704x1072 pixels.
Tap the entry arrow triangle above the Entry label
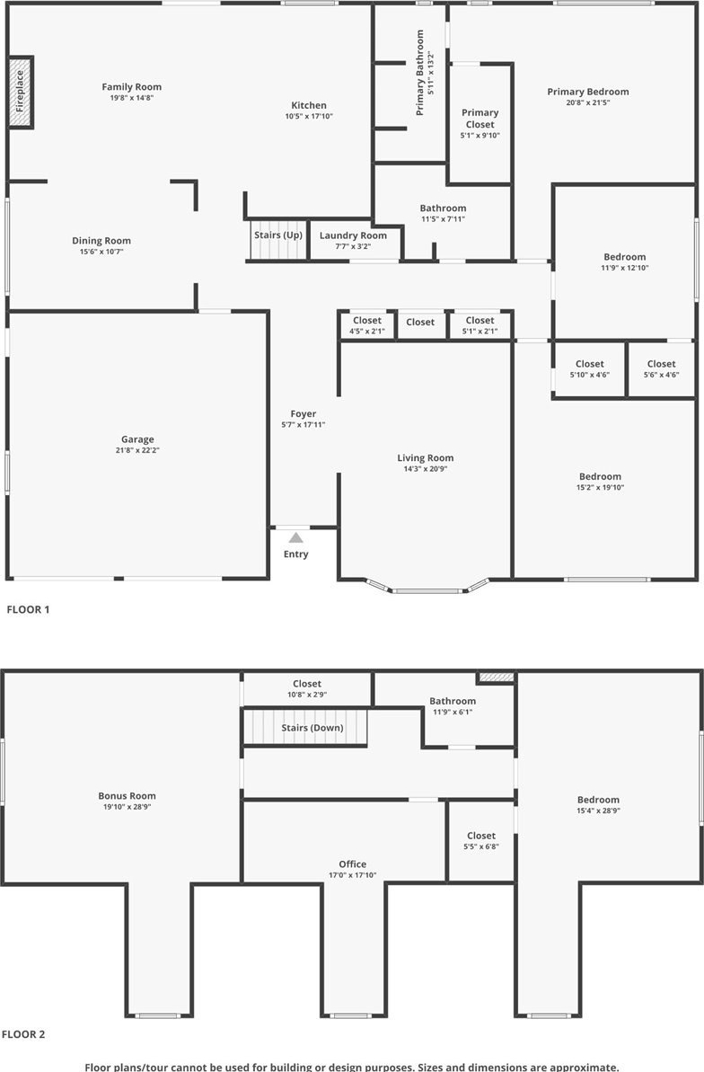click(296, 537)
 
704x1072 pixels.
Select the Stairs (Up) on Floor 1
click(278, 240)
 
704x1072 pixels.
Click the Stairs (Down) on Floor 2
click(306, 728)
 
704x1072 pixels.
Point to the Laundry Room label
click(353, 235)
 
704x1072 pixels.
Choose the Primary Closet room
click(480, 124)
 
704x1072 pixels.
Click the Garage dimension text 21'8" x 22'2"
click(137, 450)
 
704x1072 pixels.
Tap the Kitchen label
click(309, 105)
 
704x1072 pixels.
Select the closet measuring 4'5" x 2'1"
click(367, 325)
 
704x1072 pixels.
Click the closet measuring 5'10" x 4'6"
click(589, 369)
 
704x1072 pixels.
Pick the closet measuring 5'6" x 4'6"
click(661, 369)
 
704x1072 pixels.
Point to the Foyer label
click(304, 413)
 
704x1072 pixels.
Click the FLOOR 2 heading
click(23, 1034)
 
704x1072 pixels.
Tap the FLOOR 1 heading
click(28, 609)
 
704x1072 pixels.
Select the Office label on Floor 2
click(353, 864)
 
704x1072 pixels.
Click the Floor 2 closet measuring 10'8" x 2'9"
click(307, 689)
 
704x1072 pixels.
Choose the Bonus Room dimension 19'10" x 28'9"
click(128, 808)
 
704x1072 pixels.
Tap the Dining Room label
click(101, 241)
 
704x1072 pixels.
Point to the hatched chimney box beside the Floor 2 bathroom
click(496, 678)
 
